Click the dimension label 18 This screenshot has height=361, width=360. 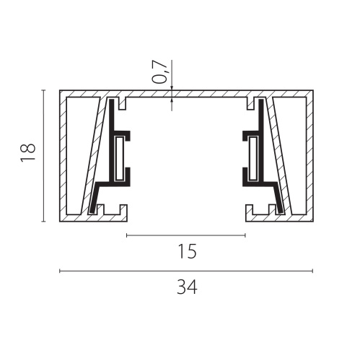[x=28, y=152]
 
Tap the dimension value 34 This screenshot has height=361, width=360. [x=187, y=287]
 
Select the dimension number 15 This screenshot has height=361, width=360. [x=188, y=251]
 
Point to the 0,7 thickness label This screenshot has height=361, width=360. [x=160, y=71]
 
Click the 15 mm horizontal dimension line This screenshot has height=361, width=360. [x=186, y=235]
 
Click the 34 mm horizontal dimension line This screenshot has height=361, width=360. [x=186, y=271]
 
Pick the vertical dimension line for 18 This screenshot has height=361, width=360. [x=43, y=155]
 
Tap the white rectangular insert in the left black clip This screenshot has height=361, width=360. [x=119, y=159]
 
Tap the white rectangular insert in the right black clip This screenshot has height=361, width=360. [x=253, y=159]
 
